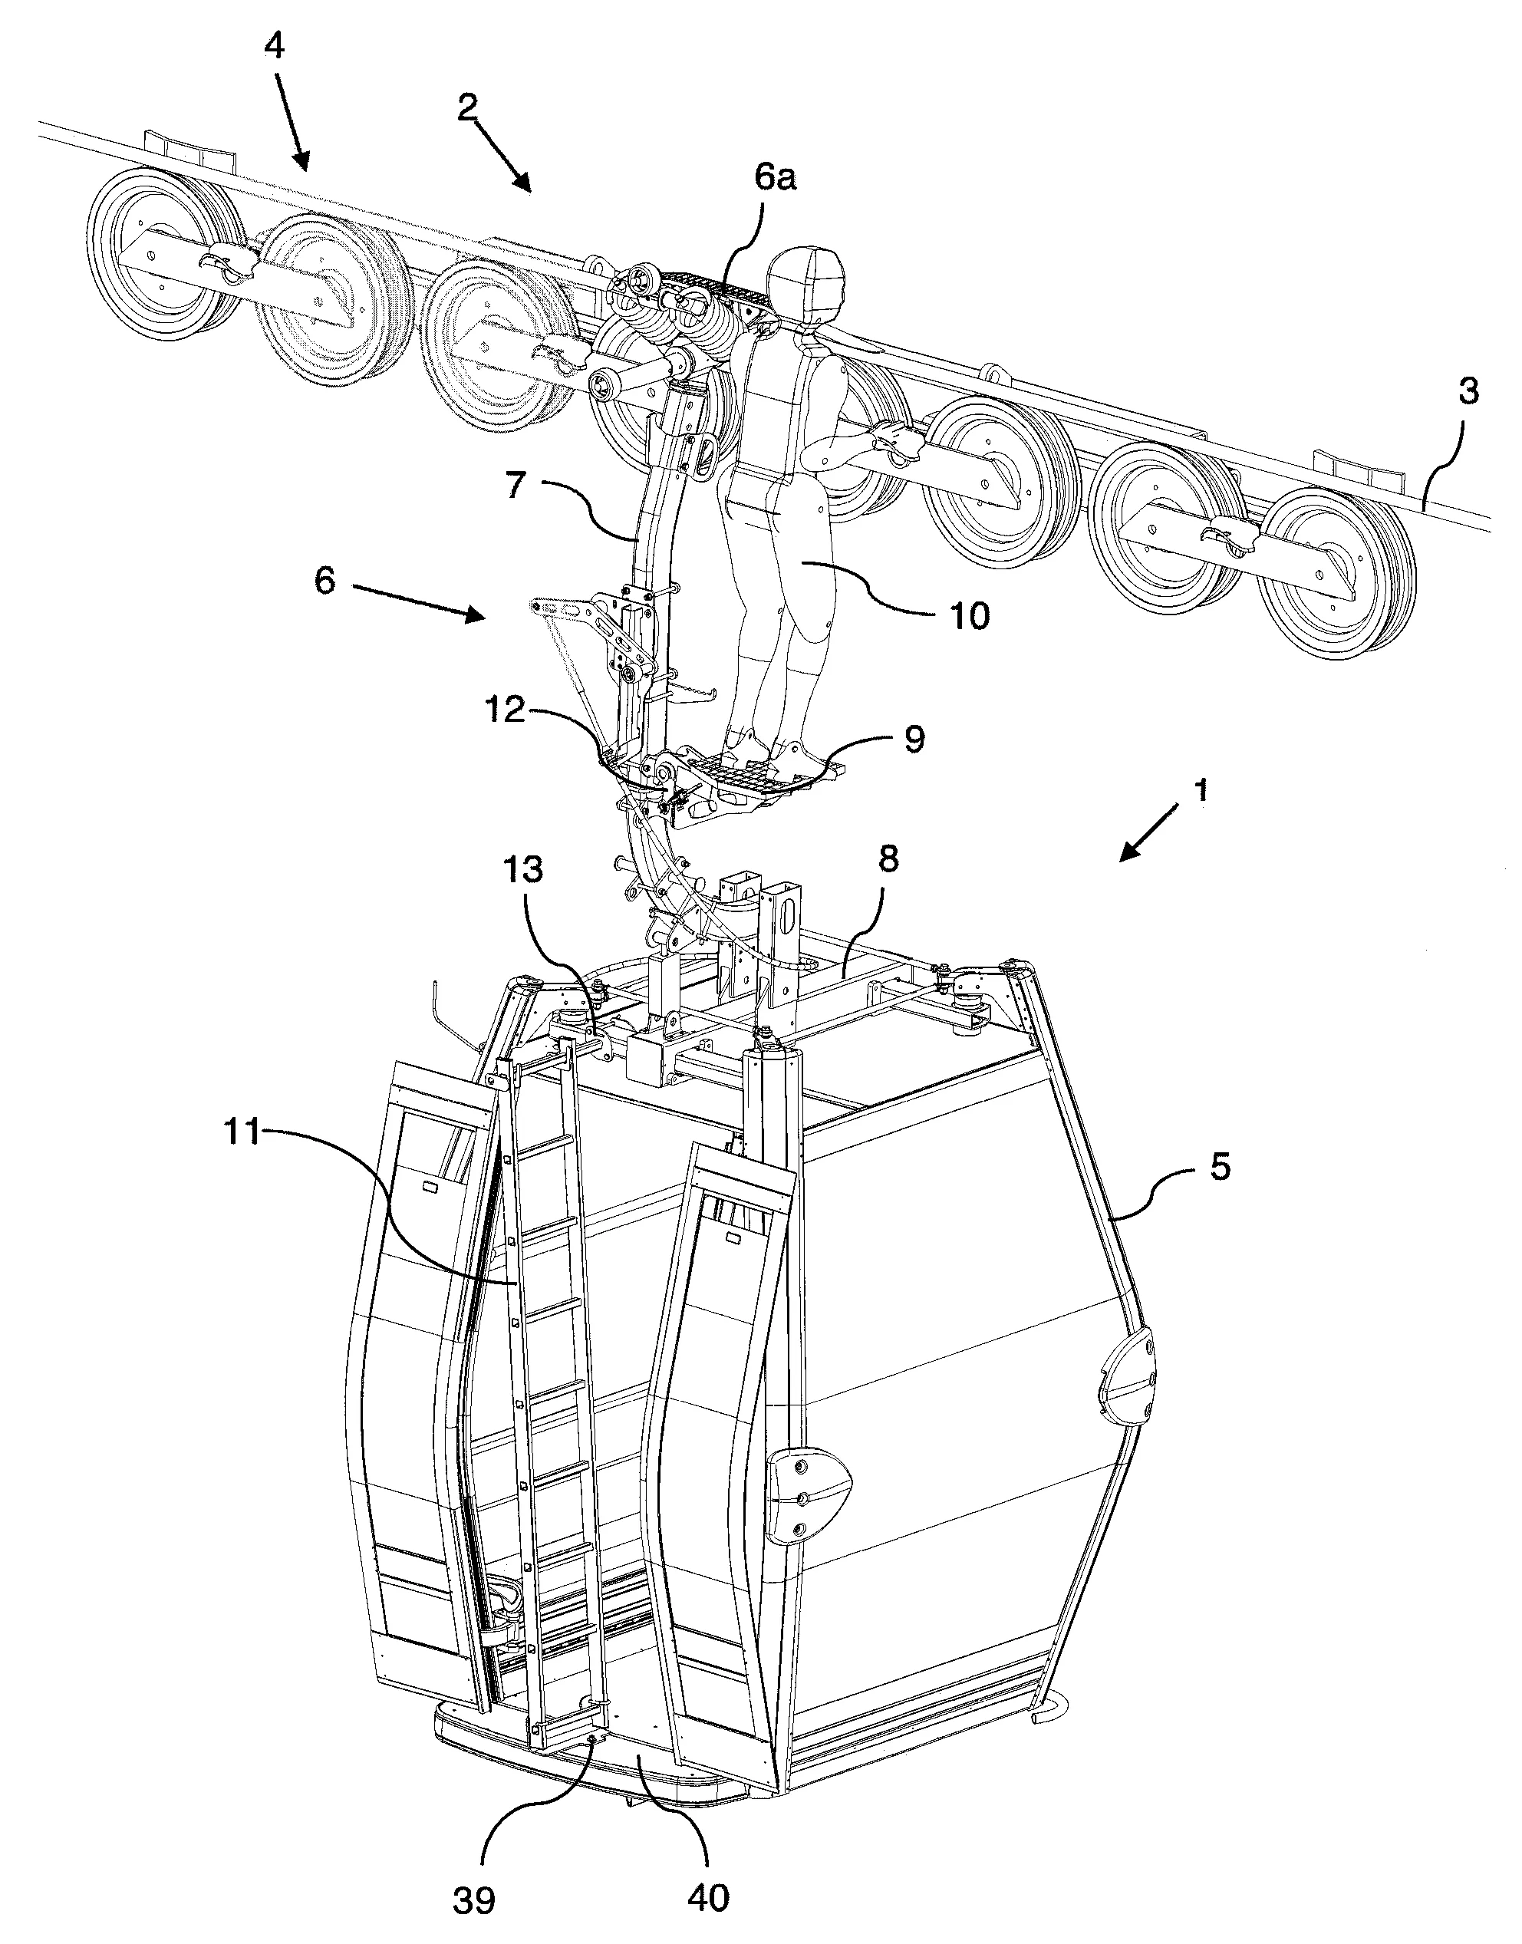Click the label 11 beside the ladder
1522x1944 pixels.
tap(241, 1133)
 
